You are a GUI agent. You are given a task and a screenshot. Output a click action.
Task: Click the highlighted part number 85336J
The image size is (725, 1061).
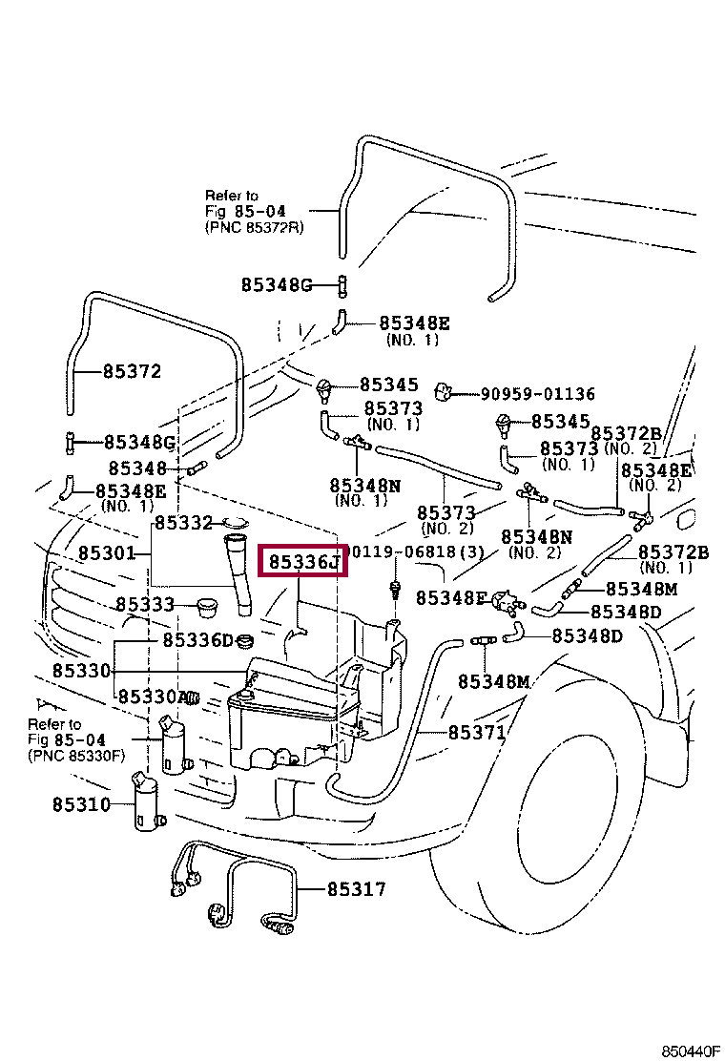303,561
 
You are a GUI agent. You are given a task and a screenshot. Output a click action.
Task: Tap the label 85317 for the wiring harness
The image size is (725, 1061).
357,888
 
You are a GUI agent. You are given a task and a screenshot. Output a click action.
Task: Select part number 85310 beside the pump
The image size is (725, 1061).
81,804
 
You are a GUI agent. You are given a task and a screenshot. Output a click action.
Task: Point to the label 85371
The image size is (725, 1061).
477,732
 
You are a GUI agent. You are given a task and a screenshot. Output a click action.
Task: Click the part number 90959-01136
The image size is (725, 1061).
538,393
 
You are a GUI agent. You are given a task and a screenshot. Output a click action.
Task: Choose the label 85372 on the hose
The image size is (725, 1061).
132,371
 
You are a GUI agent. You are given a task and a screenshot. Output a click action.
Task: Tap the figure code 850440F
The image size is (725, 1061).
691,1051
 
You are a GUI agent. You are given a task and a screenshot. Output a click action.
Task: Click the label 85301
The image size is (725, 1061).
107,553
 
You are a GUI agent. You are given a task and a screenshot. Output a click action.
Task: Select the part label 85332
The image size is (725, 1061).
183,522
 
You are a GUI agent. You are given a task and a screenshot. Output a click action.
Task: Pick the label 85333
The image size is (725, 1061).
145,604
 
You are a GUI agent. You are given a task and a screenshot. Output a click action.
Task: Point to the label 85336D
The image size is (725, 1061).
197,639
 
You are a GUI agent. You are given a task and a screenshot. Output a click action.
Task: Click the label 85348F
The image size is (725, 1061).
451,598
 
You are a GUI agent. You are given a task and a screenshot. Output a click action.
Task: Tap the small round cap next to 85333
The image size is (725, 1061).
206,606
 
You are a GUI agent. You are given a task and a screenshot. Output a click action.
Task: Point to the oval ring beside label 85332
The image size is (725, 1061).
236,522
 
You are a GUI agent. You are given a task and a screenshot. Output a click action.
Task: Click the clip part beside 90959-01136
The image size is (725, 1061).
443,391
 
